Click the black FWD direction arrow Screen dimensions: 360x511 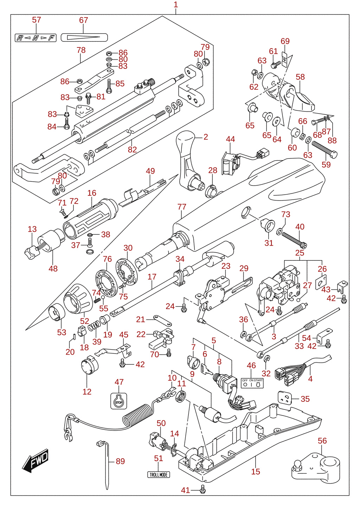coord(36,460)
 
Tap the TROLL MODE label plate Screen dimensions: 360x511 coord(159,475)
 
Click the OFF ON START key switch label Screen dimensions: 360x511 coord(252,383)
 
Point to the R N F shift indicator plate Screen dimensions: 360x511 coord(36,38)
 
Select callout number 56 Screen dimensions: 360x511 coord(322,440)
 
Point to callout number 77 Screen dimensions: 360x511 coord(182,207)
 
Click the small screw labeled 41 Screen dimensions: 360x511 coord(202,489)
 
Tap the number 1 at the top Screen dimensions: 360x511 coord(176,5)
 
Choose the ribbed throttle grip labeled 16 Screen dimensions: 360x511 coord(90,219)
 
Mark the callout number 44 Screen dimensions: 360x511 coord(230,139)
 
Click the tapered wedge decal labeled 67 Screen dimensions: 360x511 coord(84,37)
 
